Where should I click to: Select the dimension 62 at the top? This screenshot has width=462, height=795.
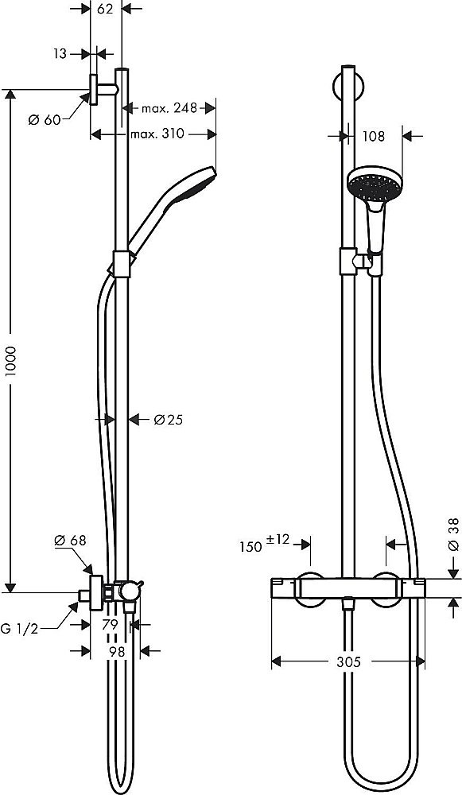pos(105,10)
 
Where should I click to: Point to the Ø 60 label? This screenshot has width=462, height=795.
pos(45,120)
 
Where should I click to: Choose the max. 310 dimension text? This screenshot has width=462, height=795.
pos(157,134)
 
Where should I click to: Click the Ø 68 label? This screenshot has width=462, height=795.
pos(69,541)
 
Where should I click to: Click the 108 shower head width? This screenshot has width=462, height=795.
pos(373,136)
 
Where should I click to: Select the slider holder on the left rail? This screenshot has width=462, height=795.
pos(121,265)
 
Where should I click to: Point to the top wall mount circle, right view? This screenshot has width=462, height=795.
pos(347,84)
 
